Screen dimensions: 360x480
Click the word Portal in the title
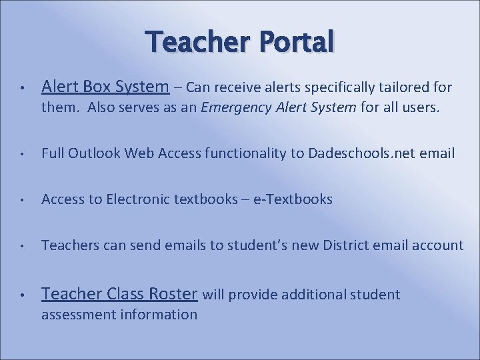[293, 43]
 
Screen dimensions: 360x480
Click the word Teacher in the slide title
[197, 43]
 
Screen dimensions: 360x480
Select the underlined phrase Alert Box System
[105, 87]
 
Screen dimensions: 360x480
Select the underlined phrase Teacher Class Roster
[119, 294]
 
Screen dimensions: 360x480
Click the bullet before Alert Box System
[22, 88]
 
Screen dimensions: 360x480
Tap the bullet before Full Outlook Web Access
[22, 154]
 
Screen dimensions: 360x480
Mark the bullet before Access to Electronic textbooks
[22, 200]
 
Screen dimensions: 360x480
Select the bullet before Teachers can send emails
[22, 246]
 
